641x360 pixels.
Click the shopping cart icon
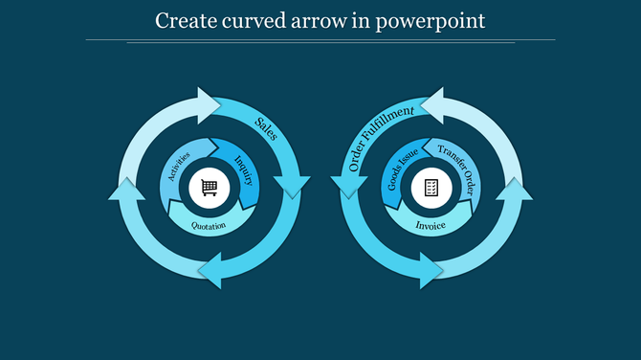point(209,188)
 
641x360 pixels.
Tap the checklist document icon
point(431,188)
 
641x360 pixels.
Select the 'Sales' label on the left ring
point(266,128)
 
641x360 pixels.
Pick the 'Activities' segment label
point(179,166)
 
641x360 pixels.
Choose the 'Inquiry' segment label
point(243,166)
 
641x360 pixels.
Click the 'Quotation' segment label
point(209,226)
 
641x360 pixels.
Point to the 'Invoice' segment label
point(431,226)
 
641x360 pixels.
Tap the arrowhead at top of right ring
point(431,103)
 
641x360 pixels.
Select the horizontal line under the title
point(320,40)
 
